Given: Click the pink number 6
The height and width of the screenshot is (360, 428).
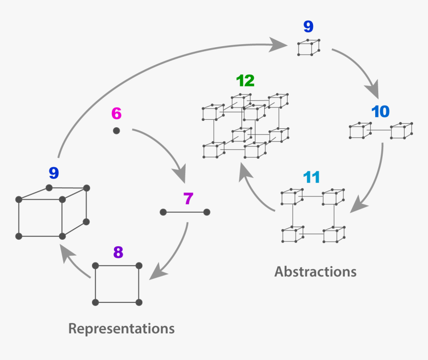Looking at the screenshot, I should click(x=116, y=113).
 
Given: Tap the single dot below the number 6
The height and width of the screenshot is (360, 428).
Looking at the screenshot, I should click(x=116, y=131).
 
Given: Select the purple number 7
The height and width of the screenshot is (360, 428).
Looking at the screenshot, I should click(x=188, y=199).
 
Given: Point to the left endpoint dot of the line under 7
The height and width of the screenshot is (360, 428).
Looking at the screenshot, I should click(x=163, y=212).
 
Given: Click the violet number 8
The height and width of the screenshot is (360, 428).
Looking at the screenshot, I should click(x=118, y=253).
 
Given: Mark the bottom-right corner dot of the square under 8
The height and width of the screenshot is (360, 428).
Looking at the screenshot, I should click(x=139, y=302).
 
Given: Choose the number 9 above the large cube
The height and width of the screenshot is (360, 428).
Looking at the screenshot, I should click(x=54, y=173).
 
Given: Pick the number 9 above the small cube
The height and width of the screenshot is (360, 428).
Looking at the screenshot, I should click(x=309, y=27).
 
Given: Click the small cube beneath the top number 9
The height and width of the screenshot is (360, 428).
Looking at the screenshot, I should click(x=309, y=47).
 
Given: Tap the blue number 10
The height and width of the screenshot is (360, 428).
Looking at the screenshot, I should click(x=380, y=112).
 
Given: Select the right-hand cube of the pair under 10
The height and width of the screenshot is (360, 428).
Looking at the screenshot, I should click(x=401, y=131).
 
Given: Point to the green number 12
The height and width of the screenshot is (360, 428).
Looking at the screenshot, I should click(x=245, y=81).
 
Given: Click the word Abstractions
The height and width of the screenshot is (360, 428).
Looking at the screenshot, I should click(x=316, y=271).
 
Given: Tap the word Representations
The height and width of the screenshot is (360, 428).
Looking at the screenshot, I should click(x=121, y=329).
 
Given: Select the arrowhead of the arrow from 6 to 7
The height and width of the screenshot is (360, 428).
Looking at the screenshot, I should click(x=179, y=176).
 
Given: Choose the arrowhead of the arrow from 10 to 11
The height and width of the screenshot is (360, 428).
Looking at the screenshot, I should click(x=357, y=207).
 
